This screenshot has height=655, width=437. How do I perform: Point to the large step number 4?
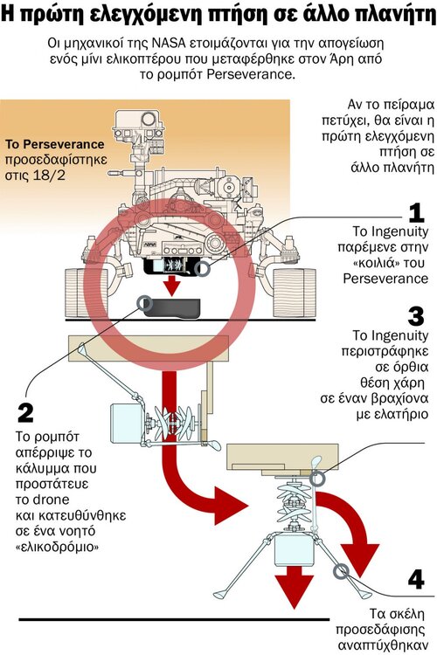coord(415,578)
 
